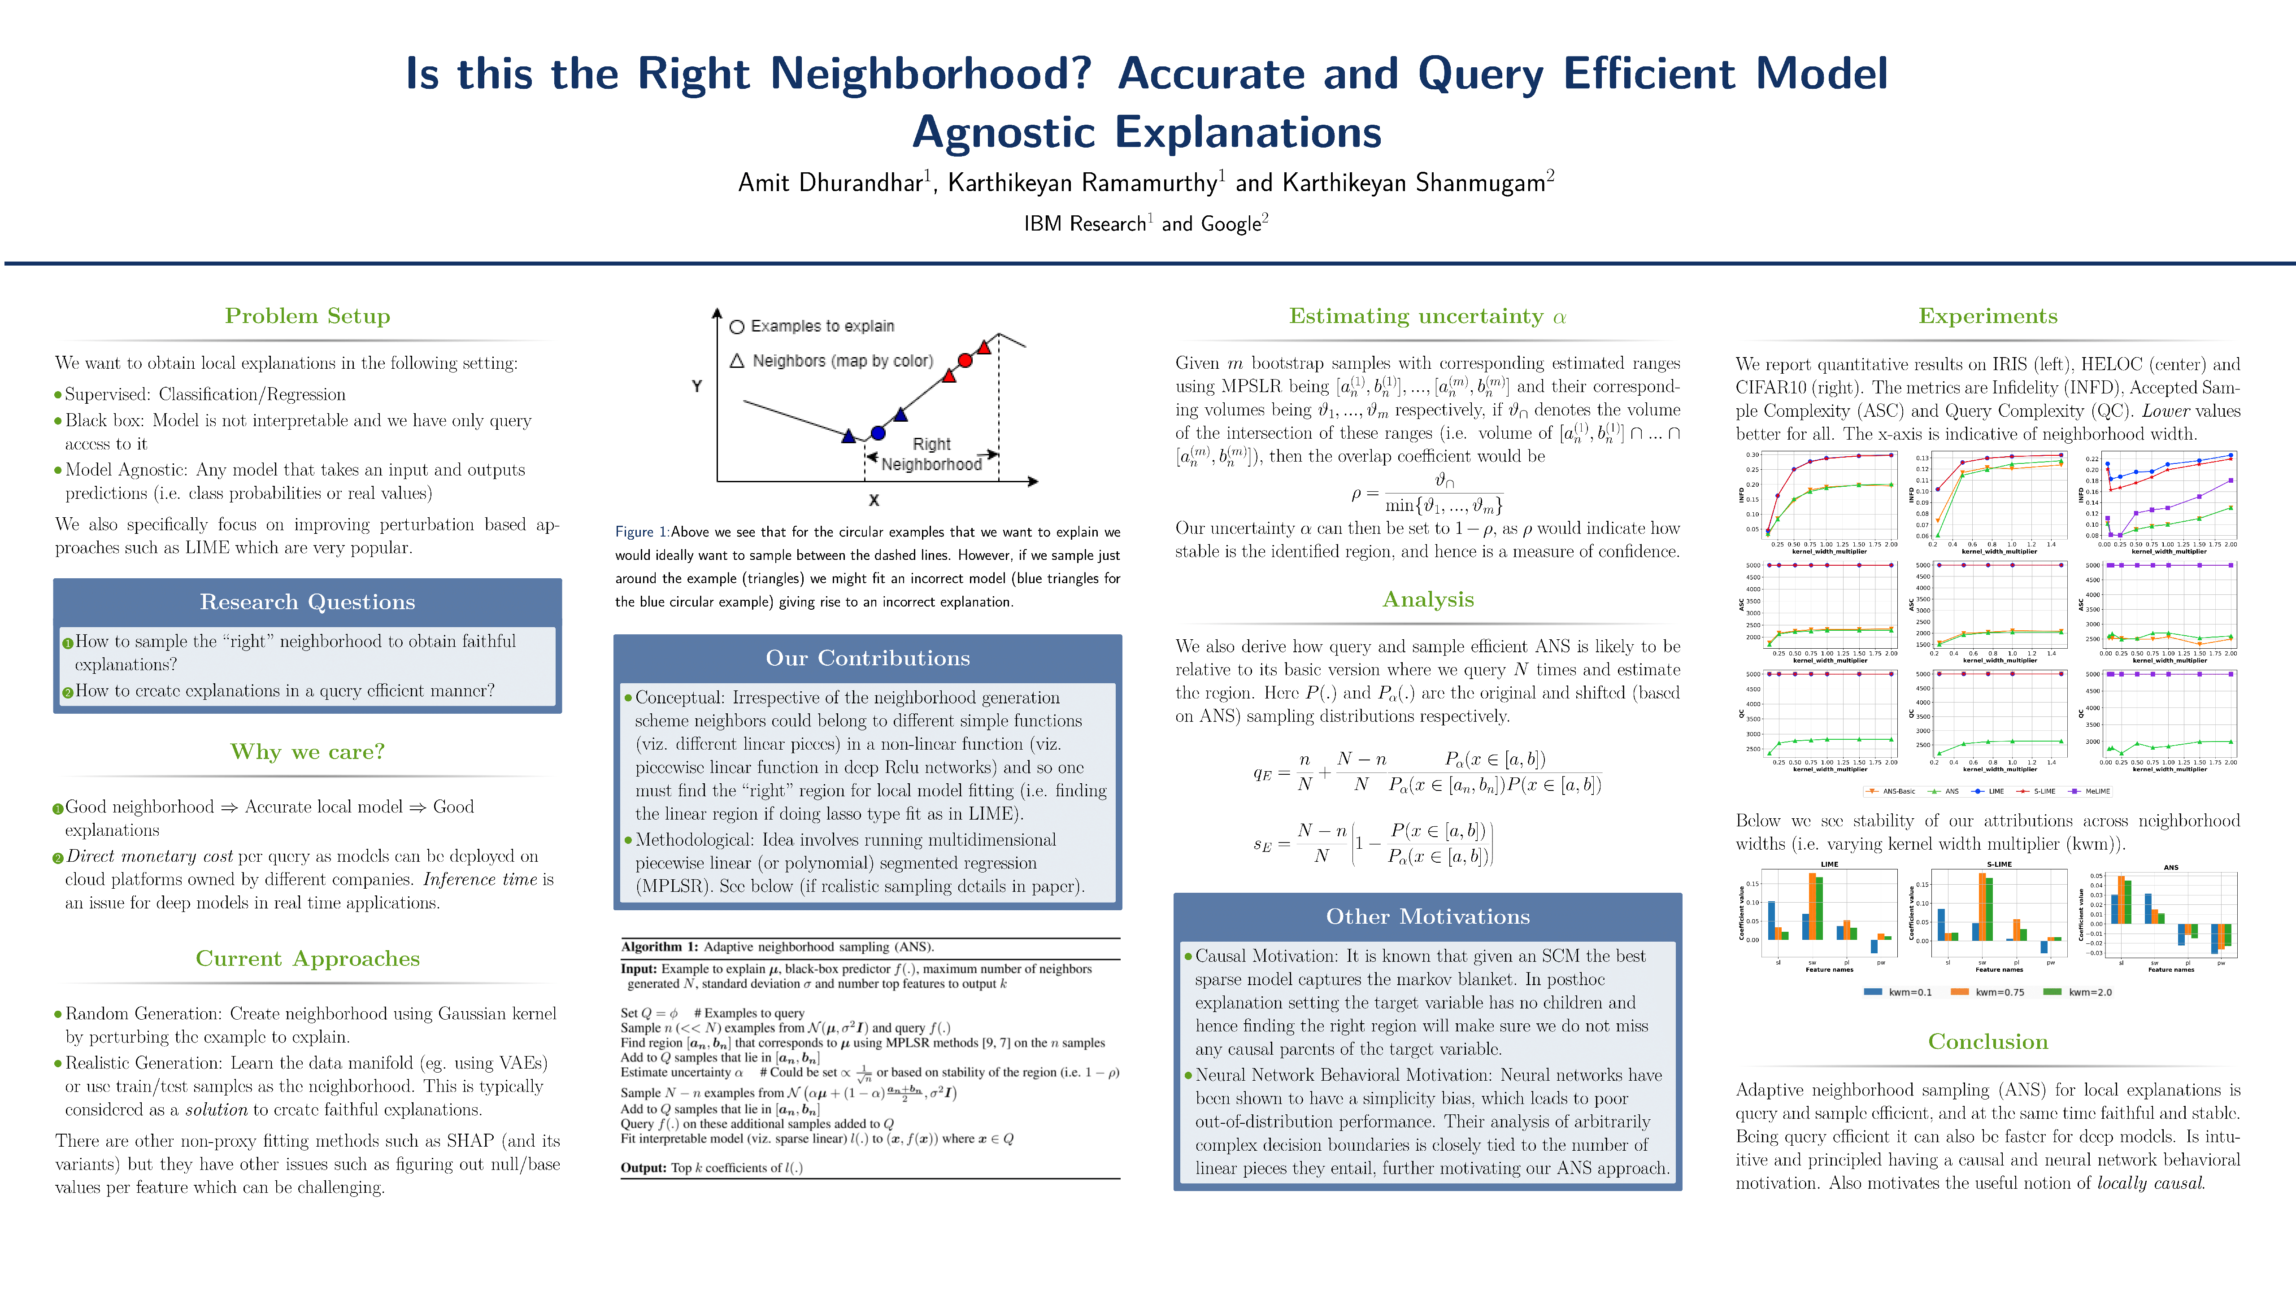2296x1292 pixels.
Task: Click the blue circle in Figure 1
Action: (x=878, y=433)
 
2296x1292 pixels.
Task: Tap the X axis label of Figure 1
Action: (x=874, y=500)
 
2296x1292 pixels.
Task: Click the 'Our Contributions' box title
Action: (x=867, y=658)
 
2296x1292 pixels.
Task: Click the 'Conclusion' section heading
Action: (x=1987, y=1041)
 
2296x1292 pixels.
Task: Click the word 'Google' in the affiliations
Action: (x=1230, y=224)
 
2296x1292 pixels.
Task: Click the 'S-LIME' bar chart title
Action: (x=1999, y=864)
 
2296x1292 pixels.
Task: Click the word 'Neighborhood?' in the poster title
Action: (x=931, y=73)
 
